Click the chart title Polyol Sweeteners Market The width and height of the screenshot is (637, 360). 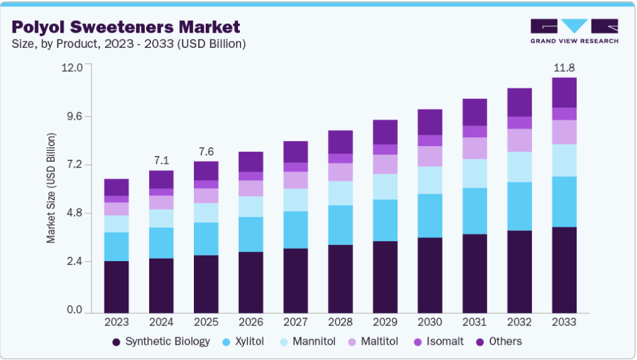click(126, 27)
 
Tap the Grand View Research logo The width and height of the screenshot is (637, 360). click(574, 31)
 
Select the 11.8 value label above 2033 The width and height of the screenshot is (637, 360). click(564, 67)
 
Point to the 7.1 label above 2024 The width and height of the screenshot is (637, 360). click(161, 160)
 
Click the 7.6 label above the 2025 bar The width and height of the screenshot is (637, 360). click(206, 151)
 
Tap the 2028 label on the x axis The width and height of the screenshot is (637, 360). click(340, 322)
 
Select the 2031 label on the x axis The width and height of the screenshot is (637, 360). click(475, 322)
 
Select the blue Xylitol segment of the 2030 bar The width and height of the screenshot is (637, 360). click(430, 215)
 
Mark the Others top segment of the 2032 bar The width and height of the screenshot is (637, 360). click(519, 102)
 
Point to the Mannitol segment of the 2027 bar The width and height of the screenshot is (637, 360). click(295, 200)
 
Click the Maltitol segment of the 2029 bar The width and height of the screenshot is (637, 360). click(385, 164)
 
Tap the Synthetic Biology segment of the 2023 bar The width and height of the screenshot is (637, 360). click(116, 286)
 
